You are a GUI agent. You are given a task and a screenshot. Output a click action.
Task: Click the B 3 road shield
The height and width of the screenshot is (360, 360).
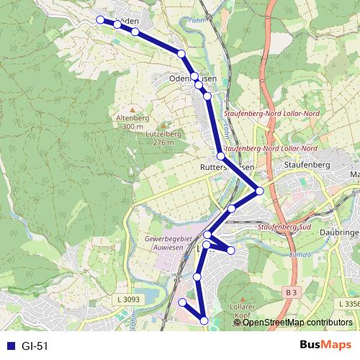coord(290,293)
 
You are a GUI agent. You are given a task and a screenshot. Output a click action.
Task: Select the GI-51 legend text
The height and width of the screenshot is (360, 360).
coord(35,346)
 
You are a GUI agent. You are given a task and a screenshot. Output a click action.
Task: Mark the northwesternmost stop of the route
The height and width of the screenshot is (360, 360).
coord(101,20)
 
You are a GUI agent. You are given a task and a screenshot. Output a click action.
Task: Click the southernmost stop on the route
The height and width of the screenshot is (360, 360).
coord(204,320)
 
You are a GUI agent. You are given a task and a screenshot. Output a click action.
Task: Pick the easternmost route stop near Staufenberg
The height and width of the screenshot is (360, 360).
coord(259,191)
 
